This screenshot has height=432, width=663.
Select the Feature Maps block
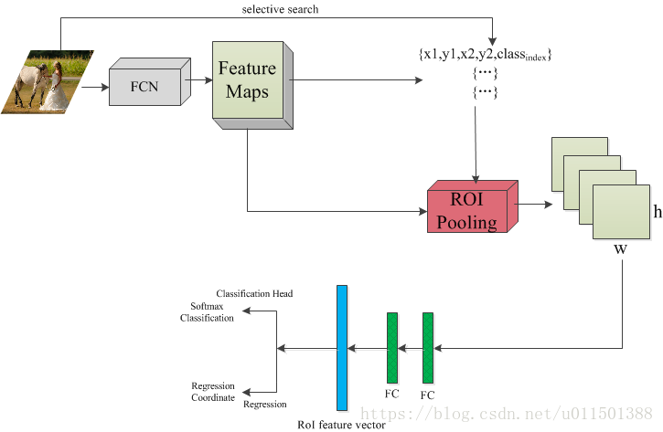coord(252,85)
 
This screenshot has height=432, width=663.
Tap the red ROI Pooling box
coord(472,206)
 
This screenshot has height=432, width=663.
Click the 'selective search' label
coord(280,9)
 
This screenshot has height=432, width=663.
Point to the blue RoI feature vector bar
coord(342,348)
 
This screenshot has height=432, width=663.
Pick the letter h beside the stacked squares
coord(658,211)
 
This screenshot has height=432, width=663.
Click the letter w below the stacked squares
coord(620,249)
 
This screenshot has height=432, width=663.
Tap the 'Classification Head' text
coord(254,293)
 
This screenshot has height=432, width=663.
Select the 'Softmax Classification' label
coord(207,312)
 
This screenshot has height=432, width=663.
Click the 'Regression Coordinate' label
coord(213,392)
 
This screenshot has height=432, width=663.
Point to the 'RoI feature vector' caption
coord(342,425)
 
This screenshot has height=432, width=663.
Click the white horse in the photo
coord(32,82)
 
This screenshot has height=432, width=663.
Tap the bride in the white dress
coord(55,90)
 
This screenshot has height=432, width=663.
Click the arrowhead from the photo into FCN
coord(105,88)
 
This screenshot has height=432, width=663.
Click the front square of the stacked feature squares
coord(621,212)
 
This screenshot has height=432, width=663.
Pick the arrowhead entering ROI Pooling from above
coord(476,179)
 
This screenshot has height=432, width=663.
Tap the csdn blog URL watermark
coord(507,414)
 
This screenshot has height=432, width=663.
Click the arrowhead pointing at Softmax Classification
coord(246,311)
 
